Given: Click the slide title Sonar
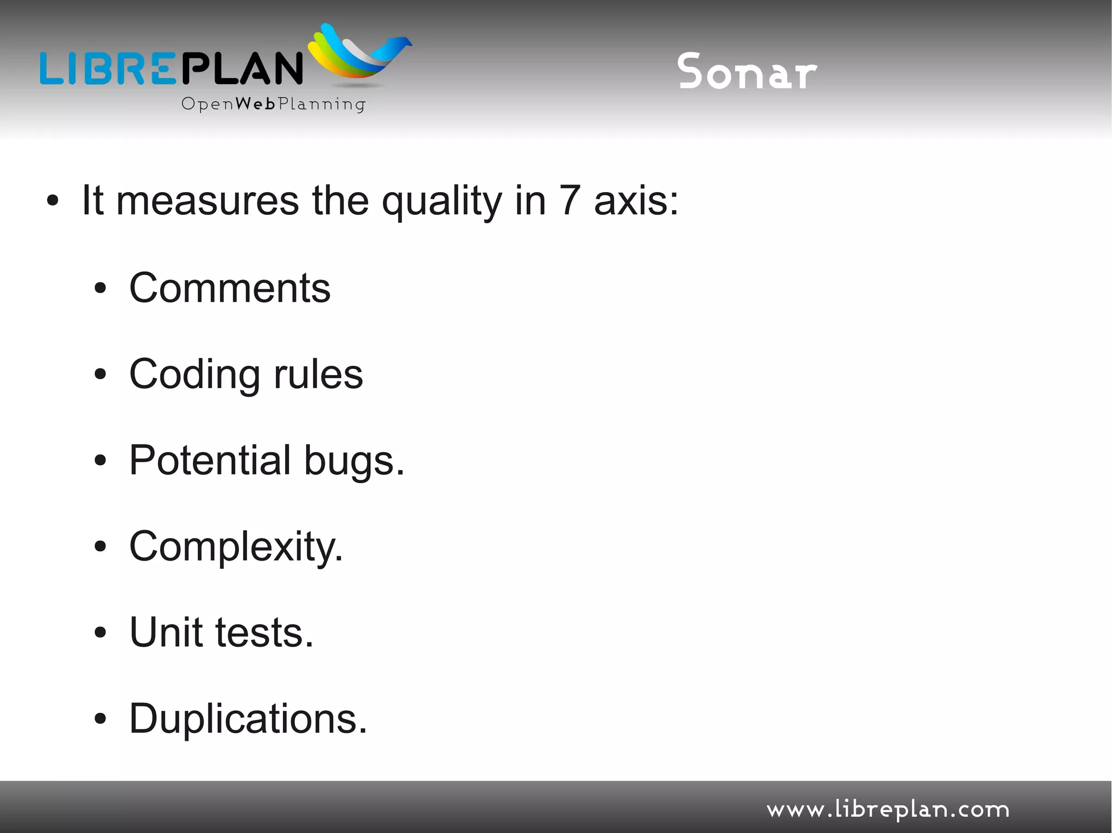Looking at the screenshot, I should pyautogui.click(x=747, y=72).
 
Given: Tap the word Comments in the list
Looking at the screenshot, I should pyautogui.click(x=230, y=288).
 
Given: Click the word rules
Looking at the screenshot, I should pyautogui.click(x=318, y=374).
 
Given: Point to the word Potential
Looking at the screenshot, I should pyautogui.click(x=210, y=460).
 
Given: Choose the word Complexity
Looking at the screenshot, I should pyautogui.click(x=236, y=547).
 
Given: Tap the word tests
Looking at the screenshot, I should pyautogui.click(x=264, y=633).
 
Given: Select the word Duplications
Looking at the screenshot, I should pyautogui.click(x=248, y=718).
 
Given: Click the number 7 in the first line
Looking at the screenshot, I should pyautogui.click(x=570, y=201).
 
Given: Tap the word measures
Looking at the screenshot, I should pyautogui.click(x=207, y=201).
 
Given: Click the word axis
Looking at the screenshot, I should pyautogui.click(x=636, y=201).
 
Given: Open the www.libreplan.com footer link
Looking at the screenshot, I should pyautogui.click(x=888, y=810).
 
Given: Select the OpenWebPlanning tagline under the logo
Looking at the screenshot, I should pyautogui.click(x=273, y=104).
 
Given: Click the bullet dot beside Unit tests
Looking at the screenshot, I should pyautogui.click(x=100, y=632).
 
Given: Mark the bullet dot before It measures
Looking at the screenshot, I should pyautogui.click(x=52, y=201).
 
